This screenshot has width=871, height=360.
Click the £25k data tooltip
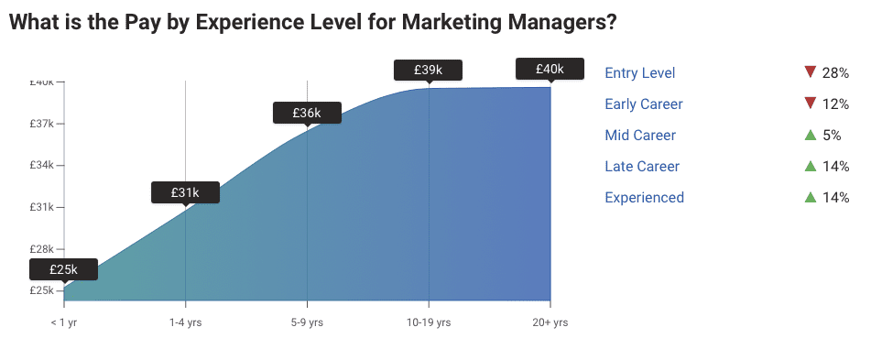tap(63, 269)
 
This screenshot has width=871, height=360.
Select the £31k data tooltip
tap(185, 192)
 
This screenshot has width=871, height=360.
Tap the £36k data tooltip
tap(307, 113)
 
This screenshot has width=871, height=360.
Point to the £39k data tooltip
tap(428, 70)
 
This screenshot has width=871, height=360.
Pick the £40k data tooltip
tap(550, 69)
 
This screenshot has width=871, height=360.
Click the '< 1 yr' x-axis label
tap(64, 322)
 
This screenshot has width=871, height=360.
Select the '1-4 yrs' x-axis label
tap(185, 322)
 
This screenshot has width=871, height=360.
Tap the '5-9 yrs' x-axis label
tap(307, 322)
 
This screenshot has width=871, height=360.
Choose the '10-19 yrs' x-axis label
tap(429, 322)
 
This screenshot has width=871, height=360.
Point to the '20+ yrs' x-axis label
tap(550, 322)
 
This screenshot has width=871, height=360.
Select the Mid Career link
tap(640, 136)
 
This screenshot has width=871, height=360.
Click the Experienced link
tap(644, 198)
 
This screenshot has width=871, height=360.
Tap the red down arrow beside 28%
tap(810, 72)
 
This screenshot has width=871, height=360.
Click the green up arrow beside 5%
tap(810, 136)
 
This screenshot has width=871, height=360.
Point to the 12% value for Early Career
tap(836, 104)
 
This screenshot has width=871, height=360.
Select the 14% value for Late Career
tap(836, 167)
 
